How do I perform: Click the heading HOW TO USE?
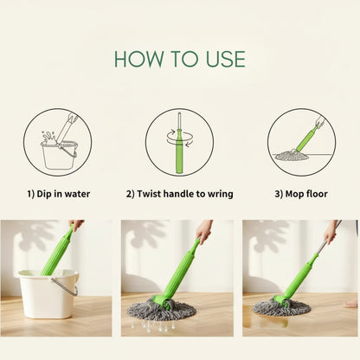[x=179, y=59]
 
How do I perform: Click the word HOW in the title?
[x=136, y=59]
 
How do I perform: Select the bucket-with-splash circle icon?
[x=57, y=142]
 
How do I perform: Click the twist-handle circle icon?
[x=179, y=142]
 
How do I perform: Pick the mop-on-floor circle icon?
[x=301, y=142]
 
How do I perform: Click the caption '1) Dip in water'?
[x=57, y=194]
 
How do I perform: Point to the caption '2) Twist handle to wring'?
[x=179, y=194]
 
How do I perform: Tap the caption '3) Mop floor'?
[x=301, y=194]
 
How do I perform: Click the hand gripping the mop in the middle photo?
[x=204, y=231]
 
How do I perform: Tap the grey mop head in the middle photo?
[x=161, y=310]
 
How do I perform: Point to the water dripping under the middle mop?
[x=156, y=326]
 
